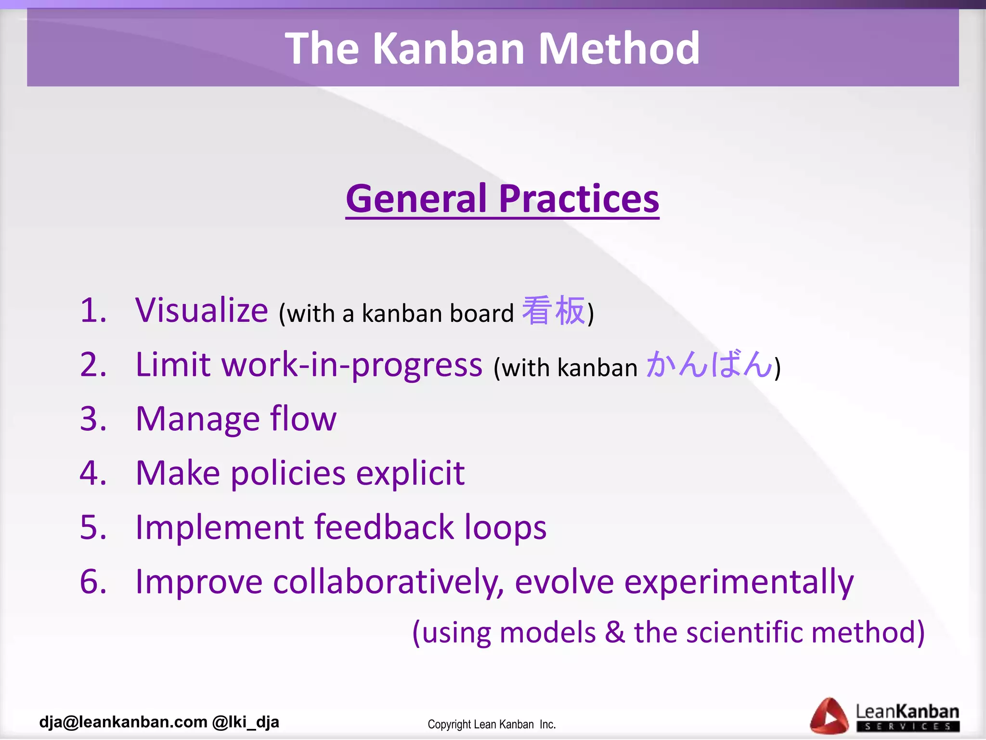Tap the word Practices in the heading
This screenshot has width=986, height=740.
click(x=579, y=198)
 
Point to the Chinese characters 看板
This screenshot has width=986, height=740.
click(x=554, y=311)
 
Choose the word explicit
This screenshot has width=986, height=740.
click(x=410, y=473)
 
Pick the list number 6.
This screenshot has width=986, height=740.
click(x=92, y=581)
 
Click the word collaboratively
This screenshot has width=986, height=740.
click(x=388, y=582)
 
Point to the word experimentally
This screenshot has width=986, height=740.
click(x=739, y=582)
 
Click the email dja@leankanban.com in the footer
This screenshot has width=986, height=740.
click(x=123, y=722)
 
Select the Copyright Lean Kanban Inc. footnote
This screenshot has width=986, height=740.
click(x=492, y=724)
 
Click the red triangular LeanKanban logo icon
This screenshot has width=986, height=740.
click(x=829, y=716)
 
